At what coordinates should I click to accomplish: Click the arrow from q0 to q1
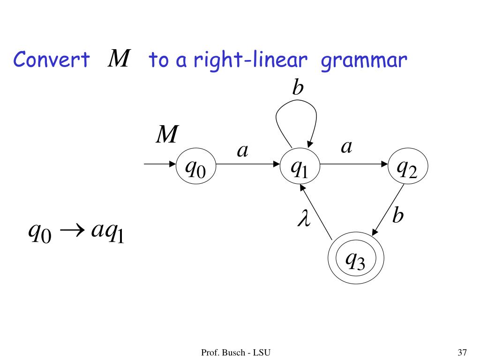248,165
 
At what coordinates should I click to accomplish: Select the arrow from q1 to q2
354,165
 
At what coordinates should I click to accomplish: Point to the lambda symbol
304,219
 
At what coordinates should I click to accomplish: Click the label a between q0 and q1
242,150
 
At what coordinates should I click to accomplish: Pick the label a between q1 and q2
346,147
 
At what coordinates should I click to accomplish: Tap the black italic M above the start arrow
167,135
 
